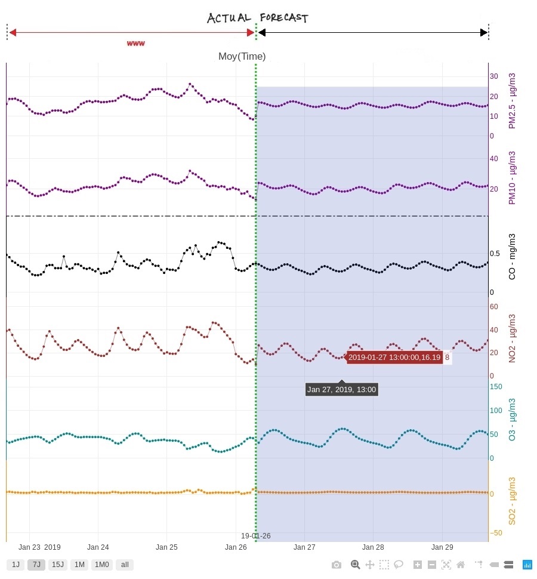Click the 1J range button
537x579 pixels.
pyautogui.click(x=16, y=565)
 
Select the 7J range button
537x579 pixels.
pyautogui.click(x=36, y=565)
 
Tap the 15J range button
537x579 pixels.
pyautogui.click(x=57, y=565)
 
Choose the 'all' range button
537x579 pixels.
pyautogui.click(x=125, y=565)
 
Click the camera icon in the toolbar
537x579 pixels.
pyautogui.click(x=337, y=565)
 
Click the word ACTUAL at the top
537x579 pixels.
pyautogui.click(x=229, y=18)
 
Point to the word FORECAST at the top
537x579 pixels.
pyautogui.click(x=284, y=18)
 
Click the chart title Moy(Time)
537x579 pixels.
pyautogui.click(x=242, y=57)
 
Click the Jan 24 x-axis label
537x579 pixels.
pyautogui.click(x=98, y=547)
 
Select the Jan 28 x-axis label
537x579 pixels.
pyautogui.click(x=373, y=547)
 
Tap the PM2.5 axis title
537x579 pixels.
pyautogui.click(x=512, y=101)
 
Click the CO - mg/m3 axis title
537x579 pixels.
pyautogui.click(x=512, y=257)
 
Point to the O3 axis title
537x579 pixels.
pyautogui.click(x=512, y=420)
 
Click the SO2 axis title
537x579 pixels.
pyautogui.click(x=512, y=501)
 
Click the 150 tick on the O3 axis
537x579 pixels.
pyautogui.click(x=496, y=386)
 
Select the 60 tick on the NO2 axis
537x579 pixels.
pyautogui.click(x=493, y=307)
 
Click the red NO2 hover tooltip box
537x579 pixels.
pyautogui.click(x=394, y=358)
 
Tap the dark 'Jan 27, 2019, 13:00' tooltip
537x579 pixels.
pyautogui.click(x=341, y=390)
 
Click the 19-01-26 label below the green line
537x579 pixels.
pyautogui.click(x=255, y=536)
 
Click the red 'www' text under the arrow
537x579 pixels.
pyautogui.click(x=136, y=44)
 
